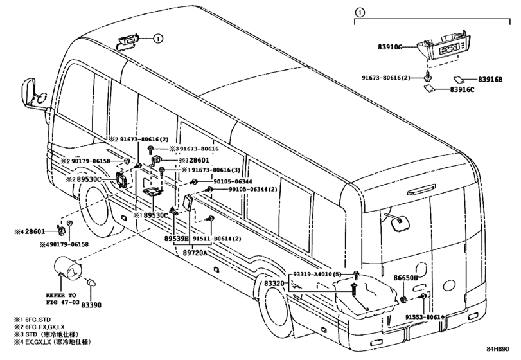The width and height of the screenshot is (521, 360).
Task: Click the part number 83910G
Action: pos(390,47)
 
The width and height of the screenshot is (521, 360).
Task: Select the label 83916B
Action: pos(490,80)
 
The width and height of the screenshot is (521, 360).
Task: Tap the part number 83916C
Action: pos(462,89)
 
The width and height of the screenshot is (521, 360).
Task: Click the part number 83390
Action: pos(91,305)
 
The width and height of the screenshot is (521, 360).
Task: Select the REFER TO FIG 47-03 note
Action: pos(61,298)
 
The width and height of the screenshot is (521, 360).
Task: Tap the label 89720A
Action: pos(195,253)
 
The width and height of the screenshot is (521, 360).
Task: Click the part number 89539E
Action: pos(177,239)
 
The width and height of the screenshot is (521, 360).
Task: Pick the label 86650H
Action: pos(405,278)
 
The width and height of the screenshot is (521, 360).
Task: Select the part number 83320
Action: pos(274,283)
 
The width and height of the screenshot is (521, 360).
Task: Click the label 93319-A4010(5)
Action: pos(317,274)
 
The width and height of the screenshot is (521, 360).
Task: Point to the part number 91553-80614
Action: pos(425,317)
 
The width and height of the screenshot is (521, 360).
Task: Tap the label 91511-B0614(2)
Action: pos(217,239)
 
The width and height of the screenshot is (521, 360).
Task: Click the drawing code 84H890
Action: pos(498,349)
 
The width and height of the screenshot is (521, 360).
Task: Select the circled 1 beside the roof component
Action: pos(159,39)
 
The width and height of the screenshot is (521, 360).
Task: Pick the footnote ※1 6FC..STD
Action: pos(32,319)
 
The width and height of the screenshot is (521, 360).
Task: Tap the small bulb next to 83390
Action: pos(91,283)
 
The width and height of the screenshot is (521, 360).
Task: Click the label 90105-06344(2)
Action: pos(252,190)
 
